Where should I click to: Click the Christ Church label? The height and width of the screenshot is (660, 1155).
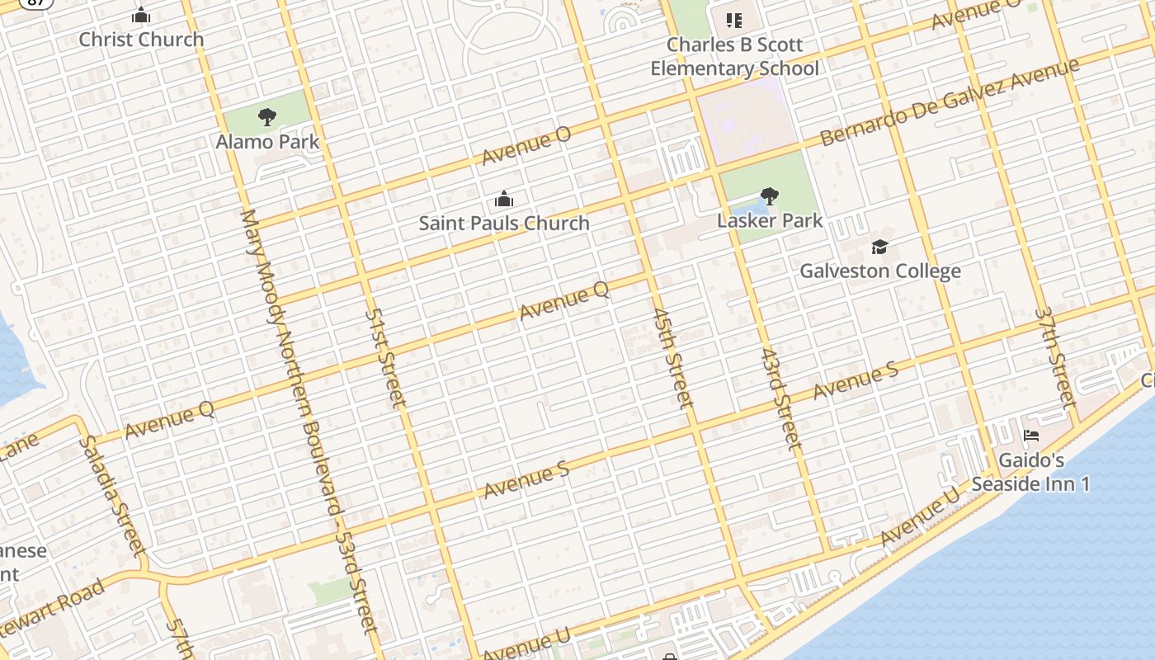[x=141, y=39]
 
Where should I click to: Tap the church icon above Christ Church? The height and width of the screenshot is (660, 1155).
[x=141, y=15]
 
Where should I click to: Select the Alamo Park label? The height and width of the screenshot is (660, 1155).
[x=267, y=141]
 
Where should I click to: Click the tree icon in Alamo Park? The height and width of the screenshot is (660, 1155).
[x=266, y=117]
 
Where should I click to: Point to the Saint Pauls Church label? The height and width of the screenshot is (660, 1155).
[x=504, y=223]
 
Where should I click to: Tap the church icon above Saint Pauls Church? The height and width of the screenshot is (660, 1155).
[x=503, y=199]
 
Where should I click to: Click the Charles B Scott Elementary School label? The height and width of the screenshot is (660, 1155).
[x=734, y=56]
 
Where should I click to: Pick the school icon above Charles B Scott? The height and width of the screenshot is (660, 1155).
[x=733, y=20]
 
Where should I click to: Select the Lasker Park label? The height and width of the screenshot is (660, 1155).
[x=770, y=220]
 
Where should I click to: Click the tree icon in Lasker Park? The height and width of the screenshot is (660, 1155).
[x=770, y=196]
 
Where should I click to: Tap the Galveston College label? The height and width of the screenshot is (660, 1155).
[x=880, y=271]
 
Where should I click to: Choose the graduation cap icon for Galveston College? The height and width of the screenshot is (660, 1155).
[x=879, y=247]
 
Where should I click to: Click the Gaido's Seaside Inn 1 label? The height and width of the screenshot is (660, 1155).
[x=1031, y=472]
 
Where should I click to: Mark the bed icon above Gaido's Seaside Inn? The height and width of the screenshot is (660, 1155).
[x=1030, y=436]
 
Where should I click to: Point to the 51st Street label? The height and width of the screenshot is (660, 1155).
[x=385, y=358]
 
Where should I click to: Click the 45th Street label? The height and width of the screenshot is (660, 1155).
[x=671, y=358]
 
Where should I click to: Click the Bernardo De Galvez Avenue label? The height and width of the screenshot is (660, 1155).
[x=949, y=102]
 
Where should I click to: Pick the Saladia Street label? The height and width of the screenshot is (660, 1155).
[x=112, y=496]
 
